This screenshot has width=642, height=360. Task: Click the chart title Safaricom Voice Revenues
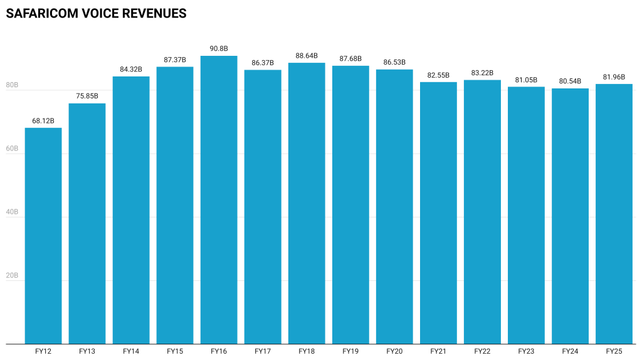pyautogui.click(x=96, y=13)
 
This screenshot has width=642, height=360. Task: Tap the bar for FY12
pyautogui.click(x=43, y=235)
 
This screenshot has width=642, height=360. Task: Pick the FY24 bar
pyautogui.click(x=570, y=216)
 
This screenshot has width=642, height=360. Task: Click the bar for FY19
pyautogui.click(x=350, y=204)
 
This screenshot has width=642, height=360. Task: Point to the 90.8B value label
pyautogui.click(x=219, y=48)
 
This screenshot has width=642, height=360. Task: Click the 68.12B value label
pyautogui.click(x=43, y=120)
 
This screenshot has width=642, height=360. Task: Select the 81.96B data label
pyautogui.click(x=614, y=77)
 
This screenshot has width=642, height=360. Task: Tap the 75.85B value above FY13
pyautogui.click(x=87, y=96)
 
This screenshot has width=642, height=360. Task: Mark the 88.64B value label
pyautogui.click(x=307, y=55)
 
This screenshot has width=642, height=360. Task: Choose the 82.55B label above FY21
pyautogui.click(x=438, y=75)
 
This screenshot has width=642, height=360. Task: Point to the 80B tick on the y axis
pyautogui.click(x=11, y=85)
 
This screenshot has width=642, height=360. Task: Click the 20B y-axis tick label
pyautogui.click(x=11, y=276)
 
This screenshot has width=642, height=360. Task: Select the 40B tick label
pyautogui.click(x=11, y=212)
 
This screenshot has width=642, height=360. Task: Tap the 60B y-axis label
pyautogui.click(x=11, y=149)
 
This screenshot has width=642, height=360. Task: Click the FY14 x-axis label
pyautogui.click(x=131, y=351)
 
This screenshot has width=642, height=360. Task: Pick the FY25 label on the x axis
pyautogui.click(x=614, y=351)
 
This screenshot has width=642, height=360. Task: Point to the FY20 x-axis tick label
pyautogui.click(x=394, y=351)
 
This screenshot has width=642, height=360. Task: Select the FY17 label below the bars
pyautogui.click(x=263, y=351)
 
